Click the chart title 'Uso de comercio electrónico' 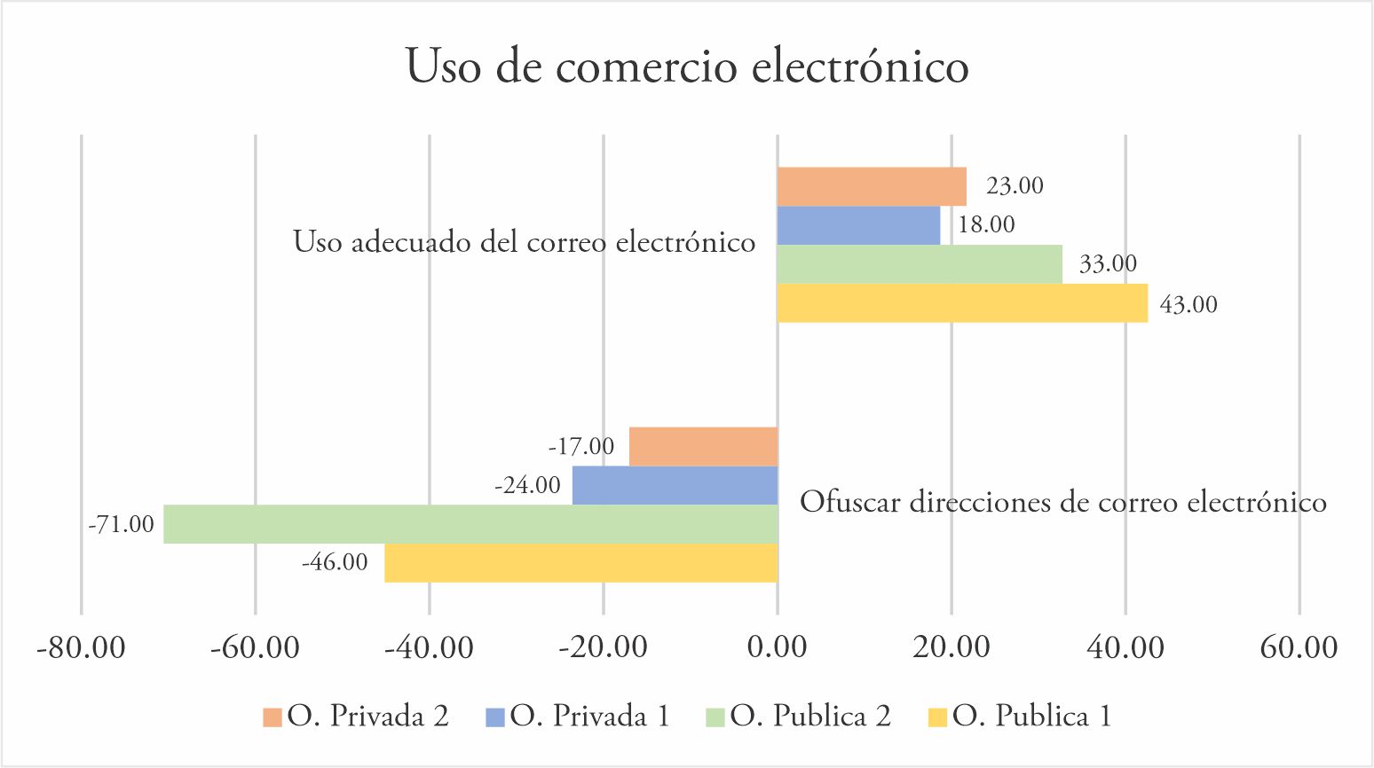pos(686,67)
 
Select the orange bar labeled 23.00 pos(871,186)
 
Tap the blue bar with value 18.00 pos(857,225)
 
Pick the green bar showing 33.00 pos(919,263)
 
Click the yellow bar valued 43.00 pos(961,302)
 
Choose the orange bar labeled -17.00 pos(703,446)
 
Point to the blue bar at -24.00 pos(675,485)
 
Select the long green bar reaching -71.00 pos(470,524)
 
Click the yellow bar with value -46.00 pos(580,562)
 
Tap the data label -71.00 pos(122,525)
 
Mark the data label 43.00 pos(1188,305)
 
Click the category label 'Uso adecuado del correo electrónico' pos(524,242)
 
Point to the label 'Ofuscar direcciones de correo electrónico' pos(1062,503)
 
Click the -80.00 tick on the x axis pos(81,647)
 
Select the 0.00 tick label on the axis pos(777,647)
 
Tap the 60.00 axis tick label pos(1299,647)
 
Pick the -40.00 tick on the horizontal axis pos(429,647)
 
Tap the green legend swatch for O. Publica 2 pos(716,717)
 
